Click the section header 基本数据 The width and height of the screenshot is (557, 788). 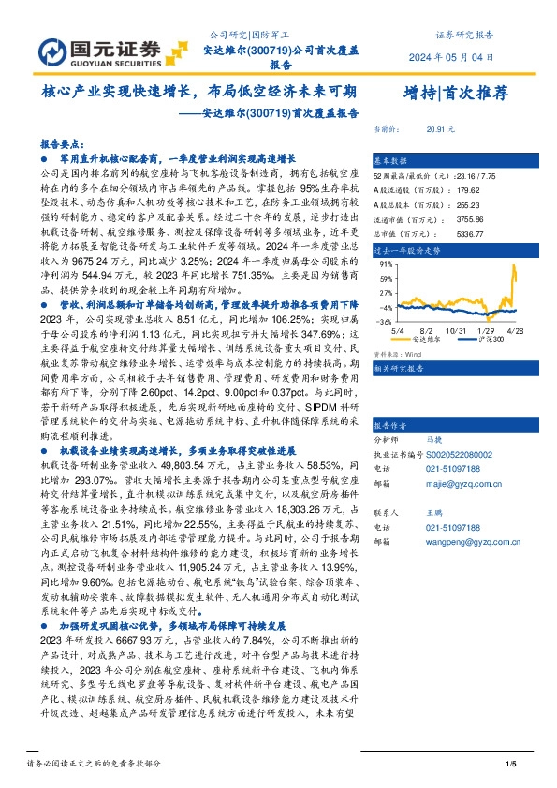[x=390, y=161]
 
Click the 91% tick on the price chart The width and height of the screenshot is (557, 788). [x=385, y=265]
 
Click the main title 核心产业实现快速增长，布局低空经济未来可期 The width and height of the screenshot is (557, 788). [x=199, y=93]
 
